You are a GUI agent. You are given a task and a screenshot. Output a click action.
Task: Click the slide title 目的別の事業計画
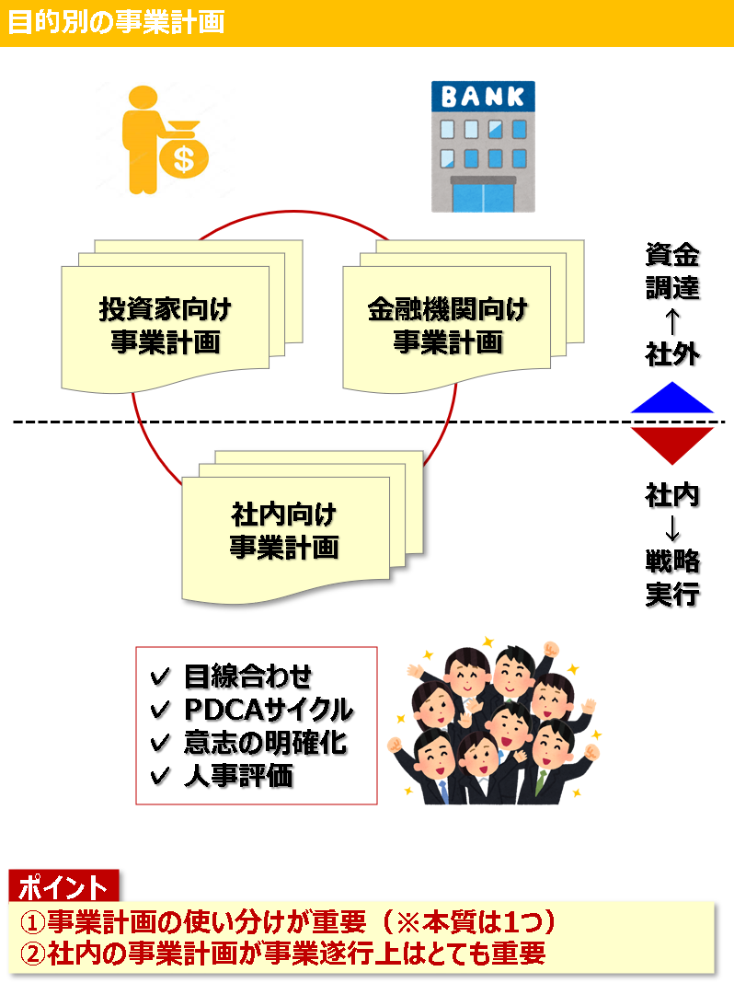coord(116,22)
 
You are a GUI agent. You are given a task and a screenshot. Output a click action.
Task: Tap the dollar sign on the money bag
coord(184,158)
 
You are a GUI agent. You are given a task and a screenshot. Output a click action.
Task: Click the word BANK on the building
coord(483,97)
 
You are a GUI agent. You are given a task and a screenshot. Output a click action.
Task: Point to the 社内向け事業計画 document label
coord(284,530)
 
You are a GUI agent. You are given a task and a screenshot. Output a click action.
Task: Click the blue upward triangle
coord(672,399)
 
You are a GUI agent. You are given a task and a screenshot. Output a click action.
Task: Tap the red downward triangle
coord(672,444)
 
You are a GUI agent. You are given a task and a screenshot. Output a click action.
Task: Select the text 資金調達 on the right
coord(672,271)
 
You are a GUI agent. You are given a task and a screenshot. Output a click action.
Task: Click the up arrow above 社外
coord(672,321)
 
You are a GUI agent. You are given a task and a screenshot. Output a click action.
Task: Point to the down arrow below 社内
coord(672,527)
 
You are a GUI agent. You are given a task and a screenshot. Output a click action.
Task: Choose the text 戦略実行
coord(672,576)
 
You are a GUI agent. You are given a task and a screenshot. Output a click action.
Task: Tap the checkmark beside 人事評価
coord(160,776)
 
